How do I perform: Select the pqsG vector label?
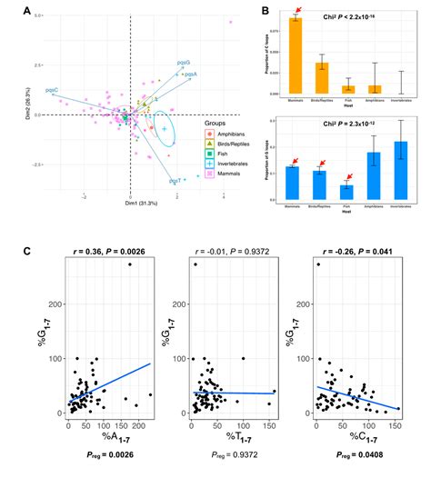pyautogui.click(x=185, y=62)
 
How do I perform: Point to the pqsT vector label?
pyautogui.click(x=175, y=181)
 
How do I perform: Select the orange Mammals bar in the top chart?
pyautogui.click(x=296, y=56)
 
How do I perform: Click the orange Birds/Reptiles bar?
pyautogui.click(x=322, y=78)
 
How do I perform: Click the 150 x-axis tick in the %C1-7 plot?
pyautogui.click(x=396, y=425)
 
